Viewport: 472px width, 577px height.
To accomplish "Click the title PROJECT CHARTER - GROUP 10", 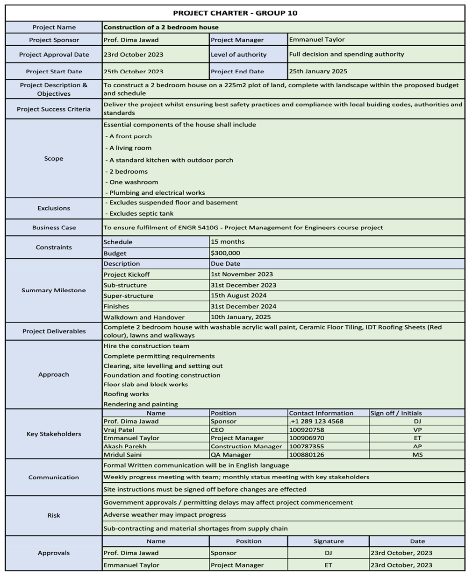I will click(235, 13).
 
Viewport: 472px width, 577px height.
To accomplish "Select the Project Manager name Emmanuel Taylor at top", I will click(317, 40).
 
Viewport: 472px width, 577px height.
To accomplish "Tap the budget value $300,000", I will click(225, 253).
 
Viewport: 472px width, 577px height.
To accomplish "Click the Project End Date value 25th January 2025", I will click(318, 71).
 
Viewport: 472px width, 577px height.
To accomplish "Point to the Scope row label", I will click(54, 159).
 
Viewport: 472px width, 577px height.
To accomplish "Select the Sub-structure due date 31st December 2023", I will click(243, 285).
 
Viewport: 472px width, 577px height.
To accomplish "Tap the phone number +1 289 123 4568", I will click(316, 421).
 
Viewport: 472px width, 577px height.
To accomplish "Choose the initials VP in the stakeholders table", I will click(417, 429).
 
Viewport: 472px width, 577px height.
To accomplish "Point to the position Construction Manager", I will click(246, 446).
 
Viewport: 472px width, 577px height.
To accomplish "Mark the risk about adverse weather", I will click(164, 514).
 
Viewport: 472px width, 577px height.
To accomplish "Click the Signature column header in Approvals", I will click(329, 541).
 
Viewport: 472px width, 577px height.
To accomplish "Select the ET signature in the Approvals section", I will click(329, 565).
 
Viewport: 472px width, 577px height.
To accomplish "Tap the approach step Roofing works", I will click(126, 394).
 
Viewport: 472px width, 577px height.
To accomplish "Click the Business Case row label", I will click(54, 228).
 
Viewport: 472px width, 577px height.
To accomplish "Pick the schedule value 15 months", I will click(228, 242).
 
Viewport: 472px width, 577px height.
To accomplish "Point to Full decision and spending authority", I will click(346, 54).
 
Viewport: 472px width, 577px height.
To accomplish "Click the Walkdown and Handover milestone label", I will click(144, 317).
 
